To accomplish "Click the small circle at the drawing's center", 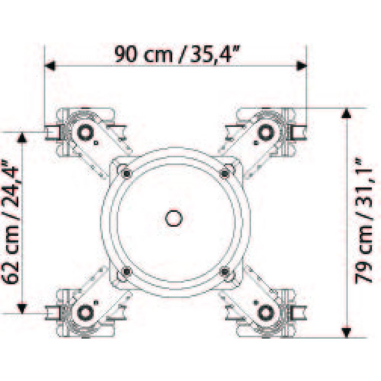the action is [x=174, y=218].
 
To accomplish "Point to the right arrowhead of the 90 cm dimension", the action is [x=301, y=66].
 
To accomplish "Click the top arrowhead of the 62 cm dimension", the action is [x=22, y=138].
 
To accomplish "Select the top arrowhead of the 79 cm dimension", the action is [x=346, y=114].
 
